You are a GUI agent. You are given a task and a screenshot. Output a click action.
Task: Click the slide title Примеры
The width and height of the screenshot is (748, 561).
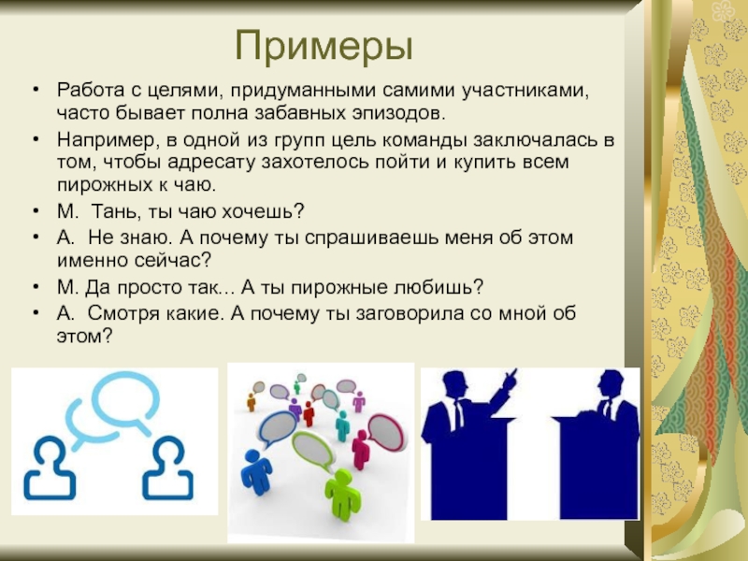pos(324,47)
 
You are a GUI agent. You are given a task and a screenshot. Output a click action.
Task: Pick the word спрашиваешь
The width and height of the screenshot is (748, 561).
pos(370,238)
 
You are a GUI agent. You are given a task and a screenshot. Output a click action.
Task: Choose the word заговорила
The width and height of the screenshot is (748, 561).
pos(410,314)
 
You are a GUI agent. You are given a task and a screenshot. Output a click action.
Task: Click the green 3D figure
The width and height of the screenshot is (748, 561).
pos(342,494)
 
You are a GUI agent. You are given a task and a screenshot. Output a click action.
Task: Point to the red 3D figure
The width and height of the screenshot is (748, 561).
pos(309,413)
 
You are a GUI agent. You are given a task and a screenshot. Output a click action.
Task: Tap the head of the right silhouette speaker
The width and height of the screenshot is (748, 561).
pos(611,384)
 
